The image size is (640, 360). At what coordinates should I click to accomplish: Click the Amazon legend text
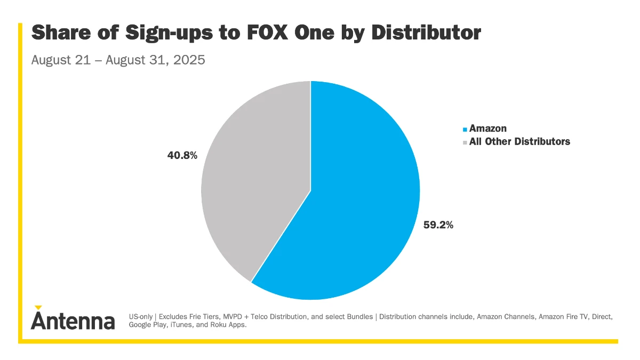coord(487,129)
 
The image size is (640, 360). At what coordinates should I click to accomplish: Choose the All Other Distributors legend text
coord(519,142)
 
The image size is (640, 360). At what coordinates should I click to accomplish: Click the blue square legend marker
coord(465,129)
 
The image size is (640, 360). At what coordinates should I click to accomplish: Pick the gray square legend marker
coord(465,142)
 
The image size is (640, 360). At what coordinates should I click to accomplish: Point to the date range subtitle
coord(118,60)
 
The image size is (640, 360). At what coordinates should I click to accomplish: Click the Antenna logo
coord(73,321)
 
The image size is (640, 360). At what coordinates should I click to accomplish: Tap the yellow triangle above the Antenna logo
coord(38,307)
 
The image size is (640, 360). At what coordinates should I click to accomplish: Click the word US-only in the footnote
coord(141,317)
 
